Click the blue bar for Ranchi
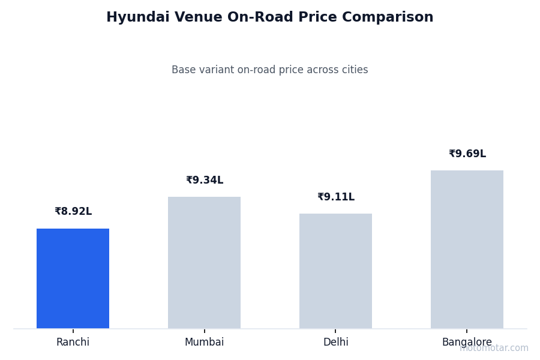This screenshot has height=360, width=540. click(73, 278)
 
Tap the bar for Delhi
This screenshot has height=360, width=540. click(335, 271)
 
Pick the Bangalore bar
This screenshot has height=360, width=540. click(467, 249)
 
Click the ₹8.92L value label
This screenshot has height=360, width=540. click(73, 212)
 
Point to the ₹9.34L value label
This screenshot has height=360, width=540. click(205, 181)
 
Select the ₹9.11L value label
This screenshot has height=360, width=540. click(336, 197)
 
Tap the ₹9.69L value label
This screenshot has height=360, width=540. click(467, 154)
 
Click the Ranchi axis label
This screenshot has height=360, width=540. click(73, 343)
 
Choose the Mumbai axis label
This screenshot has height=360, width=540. click(204, 343)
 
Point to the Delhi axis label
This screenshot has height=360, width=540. click(335, 343)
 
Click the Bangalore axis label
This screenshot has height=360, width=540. click(467, 343)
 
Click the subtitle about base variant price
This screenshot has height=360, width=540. click(270, 70)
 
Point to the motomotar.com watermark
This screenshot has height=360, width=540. click(494, 348)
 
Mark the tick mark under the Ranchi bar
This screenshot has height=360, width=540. click(73, 330)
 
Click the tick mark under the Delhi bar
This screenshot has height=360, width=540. click(335, 330)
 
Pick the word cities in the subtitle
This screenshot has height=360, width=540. click(354, 70)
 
